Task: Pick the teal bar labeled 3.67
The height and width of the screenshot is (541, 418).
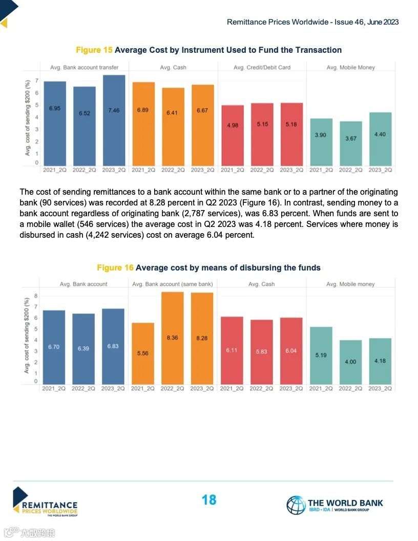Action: click(x=350, y=143)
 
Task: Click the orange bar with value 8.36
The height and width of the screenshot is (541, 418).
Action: click(x=172, y=338)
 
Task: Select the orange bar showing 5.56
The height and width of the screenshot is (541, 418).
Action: click(x=143, y=353)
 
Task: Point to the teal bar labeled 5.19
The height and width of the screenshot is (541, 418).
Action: click(x=321, y=356)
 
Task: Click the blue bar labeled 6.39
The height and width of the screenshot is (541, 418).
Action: click(x=83, y=349)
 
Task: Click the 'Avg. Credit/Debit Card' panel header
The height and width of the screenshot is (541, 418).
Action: click(x=262, y=68)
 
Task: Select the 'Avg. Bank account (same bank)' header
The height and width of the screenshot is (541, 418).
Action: click(x=172, y=284)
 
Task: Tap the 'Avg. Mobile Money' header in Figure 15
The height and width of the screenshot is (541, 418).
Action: click(x=350, y=68)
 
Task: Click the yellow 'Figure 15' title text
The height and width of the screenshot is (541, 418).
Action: click(x=94, y=50)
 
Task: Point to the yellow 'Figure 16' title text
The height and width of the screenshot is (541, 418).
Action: click(x=115, y=268)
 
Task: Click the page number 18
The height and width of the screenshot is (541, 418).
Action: click(x=209, y=500)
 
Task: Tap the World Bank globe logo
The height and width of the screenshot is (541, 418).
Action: click(x=296, y=505)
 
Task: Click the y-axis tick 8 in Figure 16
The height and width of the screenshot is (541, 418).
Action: click(x=36, y=296)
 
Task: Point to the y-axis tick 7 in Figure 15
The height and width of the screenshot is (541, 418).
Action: click(x=36, y=80)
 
